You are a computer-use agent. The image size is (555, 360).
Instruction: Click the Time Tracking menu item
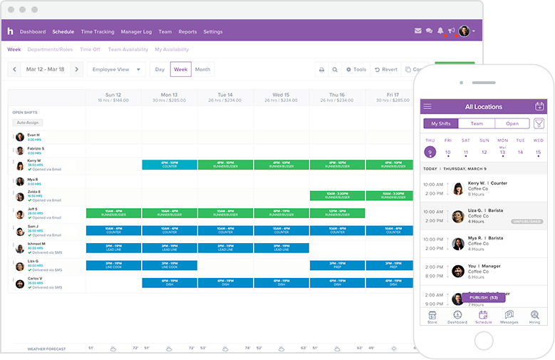click(97, 32)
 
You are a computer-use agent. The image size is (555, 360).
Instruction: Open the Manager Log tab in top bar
click(136, 32)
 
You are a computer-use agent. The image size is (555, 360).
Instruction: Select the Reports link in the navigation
click(187, 32)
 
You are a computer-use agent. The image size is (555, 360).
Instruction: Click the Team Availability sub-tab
click(128, 50)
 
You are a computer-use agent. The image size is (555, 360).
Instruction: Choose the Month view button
click(202, 70)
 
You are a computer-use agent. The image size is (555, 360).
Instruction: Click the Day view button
click(160, 70)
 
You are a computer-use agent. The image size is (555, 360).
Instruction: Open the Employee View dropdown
click(116, 70)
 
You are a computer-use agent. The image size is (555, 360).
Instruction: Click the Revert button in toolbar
click(385, 70)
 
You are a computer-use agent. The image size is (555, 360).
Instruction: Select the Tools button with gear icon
click(356, 70)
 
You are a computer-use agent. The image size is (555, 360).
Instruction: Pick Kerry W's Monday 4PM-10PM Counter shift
click(170, 165)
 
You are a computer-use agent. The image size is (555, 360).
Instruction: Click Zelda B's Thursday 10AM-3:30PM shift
click(337, 195)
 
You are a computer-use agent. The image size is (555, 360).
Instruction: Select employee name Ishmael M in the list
click(36, 244)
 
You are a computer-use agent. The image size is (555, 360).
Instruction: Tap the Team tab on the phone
click(477, 124)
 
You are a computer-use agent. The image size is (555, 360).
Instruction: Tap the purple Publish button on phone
click(488, 297)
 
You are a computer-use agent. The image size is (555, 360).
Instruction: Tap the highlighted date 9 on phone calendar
click(430, 152)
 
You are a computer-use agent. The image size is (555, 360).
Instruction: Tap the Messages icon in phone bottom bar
click(509, 317)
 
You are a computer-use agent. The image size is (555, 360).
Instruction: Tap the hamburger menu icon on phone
click(427, 107)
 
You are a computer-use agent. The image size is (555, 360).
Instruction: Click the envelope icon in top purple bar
click(418, 31)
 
